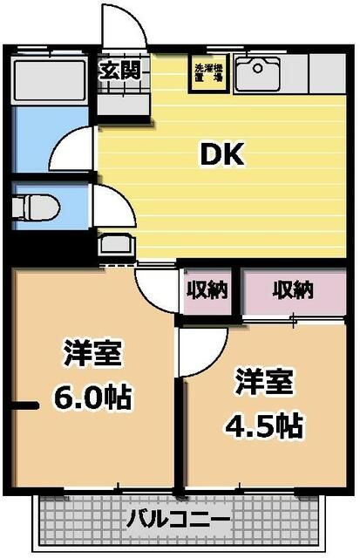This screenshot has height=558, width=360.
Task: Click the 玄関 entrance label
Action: tap(119, 70)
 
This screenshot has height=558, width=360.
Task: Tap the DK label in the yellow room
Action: tap(224, 154)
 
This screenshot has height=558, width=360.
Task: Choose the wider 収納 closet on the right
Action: tap(293, 289)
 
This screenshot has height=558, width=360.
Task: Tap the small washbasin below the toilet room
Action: tap(113, 246)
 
